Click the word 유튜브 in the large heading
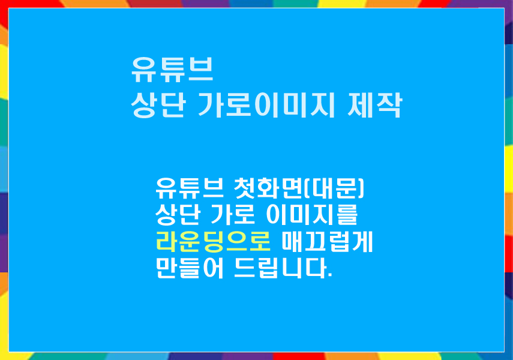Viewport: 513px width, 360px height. tap(172, 70)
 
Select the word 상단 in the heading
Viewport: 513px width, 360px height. tap(158, 105)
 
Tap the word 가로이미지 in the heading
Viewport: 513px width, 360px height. tap(266, 105)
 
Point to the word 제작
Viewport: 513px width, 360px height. tap(374, 105)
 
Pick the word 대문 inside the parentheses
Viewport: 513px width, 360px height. tap(334, 188)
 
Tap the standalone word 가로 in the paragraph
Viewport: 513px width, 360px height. tap(232, 215)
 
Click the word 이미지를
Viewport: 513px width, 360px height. tap(311, 215)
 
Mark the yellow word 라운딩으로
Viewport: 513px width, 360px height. tap(213, 242)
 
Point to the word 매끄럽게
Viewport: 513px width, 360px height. tap(327, 242)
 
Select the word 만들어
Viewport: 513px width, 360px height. tap(190, 268)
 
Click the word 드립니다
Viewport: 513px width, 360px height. tap(281, 268)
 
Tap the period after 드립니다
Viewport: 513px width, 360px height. tap(330, 275)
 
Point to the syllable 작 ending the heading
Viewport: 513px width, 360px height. tap(389, 105)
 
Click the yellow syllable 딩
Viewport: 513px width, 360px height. tap(213, 242)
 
